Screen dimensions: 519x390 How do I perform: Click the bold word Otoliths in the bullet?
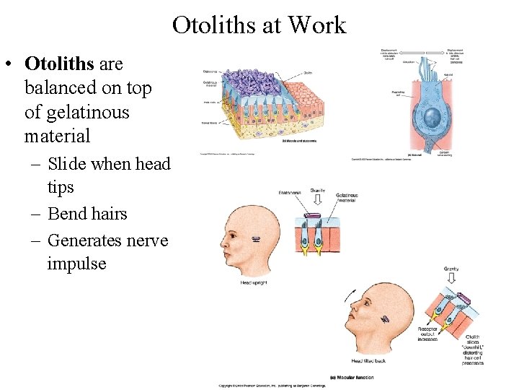pyautogui.click(x=59, y=64)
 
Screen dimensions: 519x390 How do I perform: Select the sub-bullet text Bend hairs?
pyautogui.click(x=87, y=214)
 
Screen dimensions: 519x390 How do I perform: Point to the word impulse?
pyautogui.click(x=76, y=264)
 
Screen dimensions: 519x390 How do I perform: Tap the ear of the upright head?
pyautogui.click(x=256, y=239)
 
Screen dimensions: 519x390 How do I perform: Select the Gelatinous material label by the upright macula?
pyautogui.click(x=346, y=198)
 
